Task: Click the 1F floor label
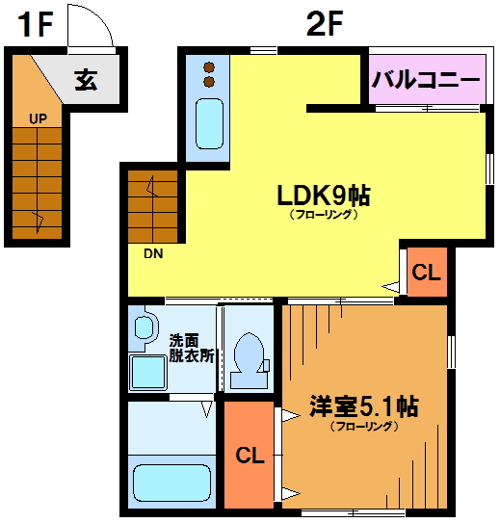point(36,24)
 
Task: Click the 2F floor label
point(325,23)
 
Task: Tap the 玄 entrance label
point(86,80)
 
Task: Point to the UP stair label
point(38,118)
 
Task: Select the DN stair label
point(153,254)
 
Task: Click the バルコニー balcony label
point(426,80)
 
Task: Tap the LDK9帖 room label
point(324,196)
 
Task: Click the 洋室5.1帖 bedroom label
point(363,406)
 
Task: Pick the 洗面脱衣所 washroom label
point(191,348)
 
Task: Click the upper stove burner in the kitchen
point(209,67)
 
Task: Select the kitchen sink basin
point(209,123)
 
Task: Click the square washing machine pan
point(147,373)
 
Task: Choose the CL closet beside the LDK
point(426,273)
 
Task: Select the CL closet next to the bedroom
point(250,455)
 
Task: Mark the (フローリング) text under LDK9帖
point(324,214)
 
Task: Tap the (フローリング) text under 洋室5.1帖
point(364,426)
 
